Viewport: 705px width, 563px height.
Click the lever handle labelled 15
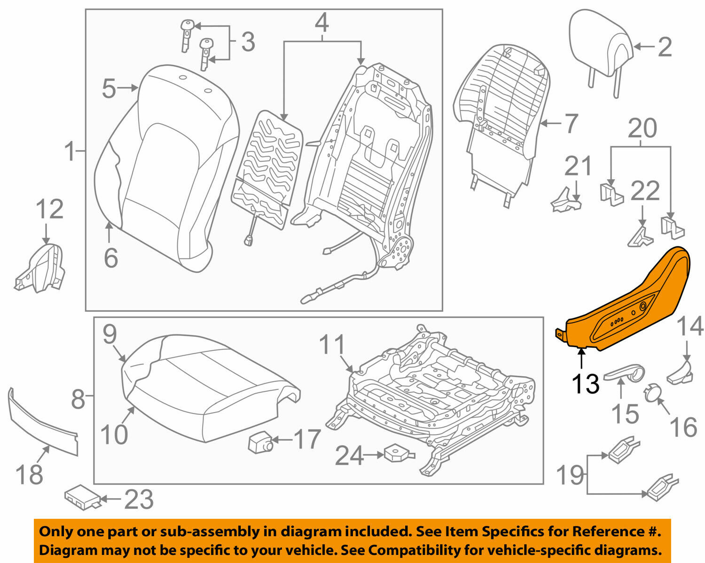pos(625,374)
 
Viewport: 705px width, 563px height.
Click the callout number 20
pos(642,128)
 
